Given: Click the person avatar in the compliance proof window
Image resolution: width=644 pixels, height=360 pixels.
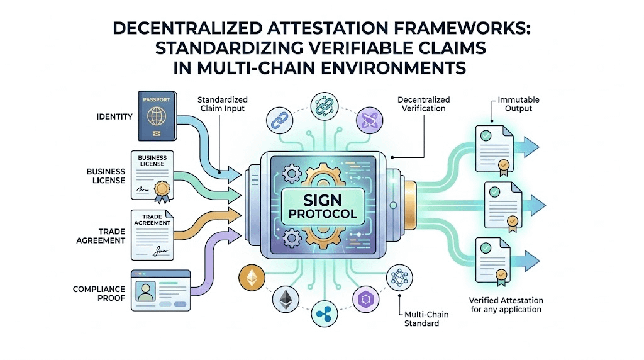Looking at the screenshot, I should [146, 291].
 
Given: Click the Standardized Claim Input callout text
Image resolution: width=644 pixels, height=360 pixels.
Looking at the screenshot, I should [222, 104].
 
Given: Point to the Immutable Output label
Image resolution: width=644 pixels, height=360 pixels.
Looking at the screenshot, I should [518, 104].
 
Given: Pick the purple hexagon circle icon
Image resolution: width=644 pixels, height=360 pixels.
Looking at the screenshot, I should [365, 298].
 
